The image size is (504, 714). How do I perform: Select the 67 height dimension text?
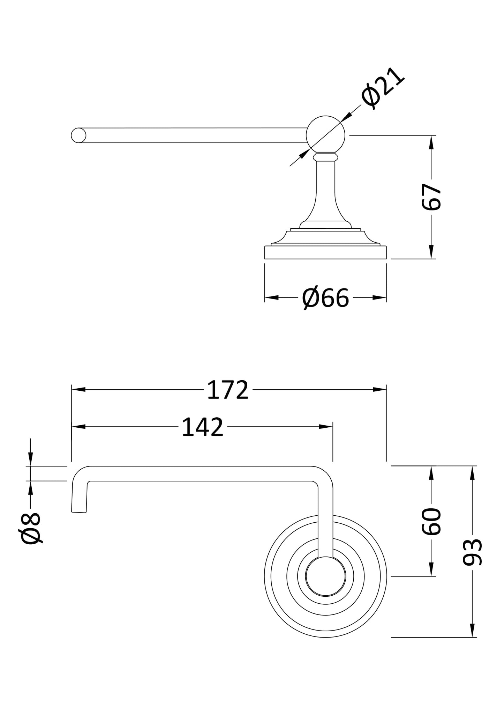[x=431, y=197]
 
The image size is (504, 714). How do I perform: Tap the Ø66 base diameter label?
[x=325, y=298]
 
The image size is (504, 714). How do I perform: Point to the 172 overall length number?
[x=228, y=390]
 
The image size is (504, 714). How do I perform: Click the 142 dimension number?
[x=202, y=427]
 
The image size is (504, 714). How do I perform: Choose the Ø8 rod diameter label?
[x=31, y=528]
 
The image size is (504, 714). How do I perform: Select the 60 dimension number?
[x=431, y=521]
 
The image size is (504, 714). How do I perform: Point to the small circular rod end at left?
[x=78, y=135]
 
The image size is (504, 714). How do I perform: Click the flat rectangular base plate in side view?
[x=325, y=252]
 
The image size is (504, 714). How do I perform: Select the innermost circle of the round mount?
[x=325, y=576]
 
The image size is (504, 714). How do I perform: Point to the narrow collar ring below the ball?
[x=325, y=157]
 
